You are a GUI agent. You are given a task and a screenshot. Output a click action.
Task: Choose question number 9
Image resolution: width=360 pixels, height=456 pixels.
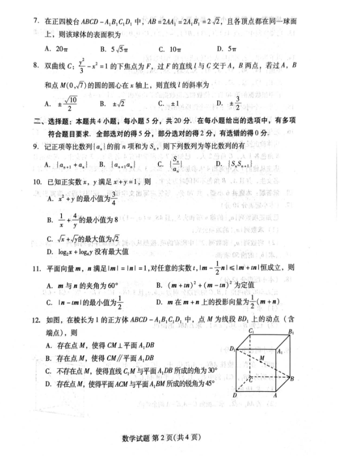pos(36,147)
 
